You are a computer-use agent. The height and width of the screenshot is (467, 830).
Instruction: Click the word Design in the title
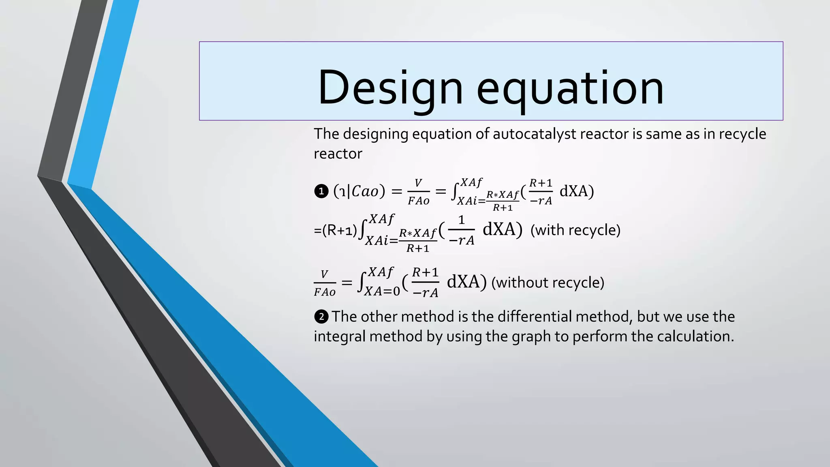pos(390,88)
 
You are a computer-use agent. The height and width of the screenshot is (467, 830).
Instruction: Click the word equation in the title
pos(570,88)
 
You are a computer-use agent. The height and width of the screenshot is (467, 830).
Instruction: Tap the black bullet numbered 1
pos(321,191)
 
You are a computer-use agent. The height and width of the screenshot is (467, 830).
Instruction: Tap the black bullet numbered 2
pos(321,317)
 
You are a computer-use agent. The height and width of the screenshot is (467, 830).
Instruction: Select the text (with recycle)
pos(575,230)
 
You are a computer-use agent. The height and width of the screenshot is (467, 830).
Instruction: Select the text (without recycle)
pos(548,283)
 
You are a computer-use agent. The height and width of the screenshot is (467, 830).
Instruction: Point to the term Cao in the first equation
pos(365,191)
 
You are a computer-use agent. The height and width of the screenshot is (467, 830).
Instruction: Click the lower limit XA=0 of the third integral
pos(382,291)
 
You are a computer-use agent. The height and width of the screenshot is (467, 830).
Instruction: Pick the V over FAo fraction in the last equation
pos(325,283)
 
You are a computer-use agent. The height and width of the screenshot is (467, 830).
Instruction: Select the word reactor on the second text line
pos(338,154)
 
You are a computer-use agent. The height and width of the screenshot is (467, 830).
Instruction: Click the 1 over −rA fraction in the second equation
pos(461,230)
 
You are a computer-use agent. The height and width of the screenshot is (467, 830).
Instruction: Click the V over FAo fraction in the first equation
pos(418,192)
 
